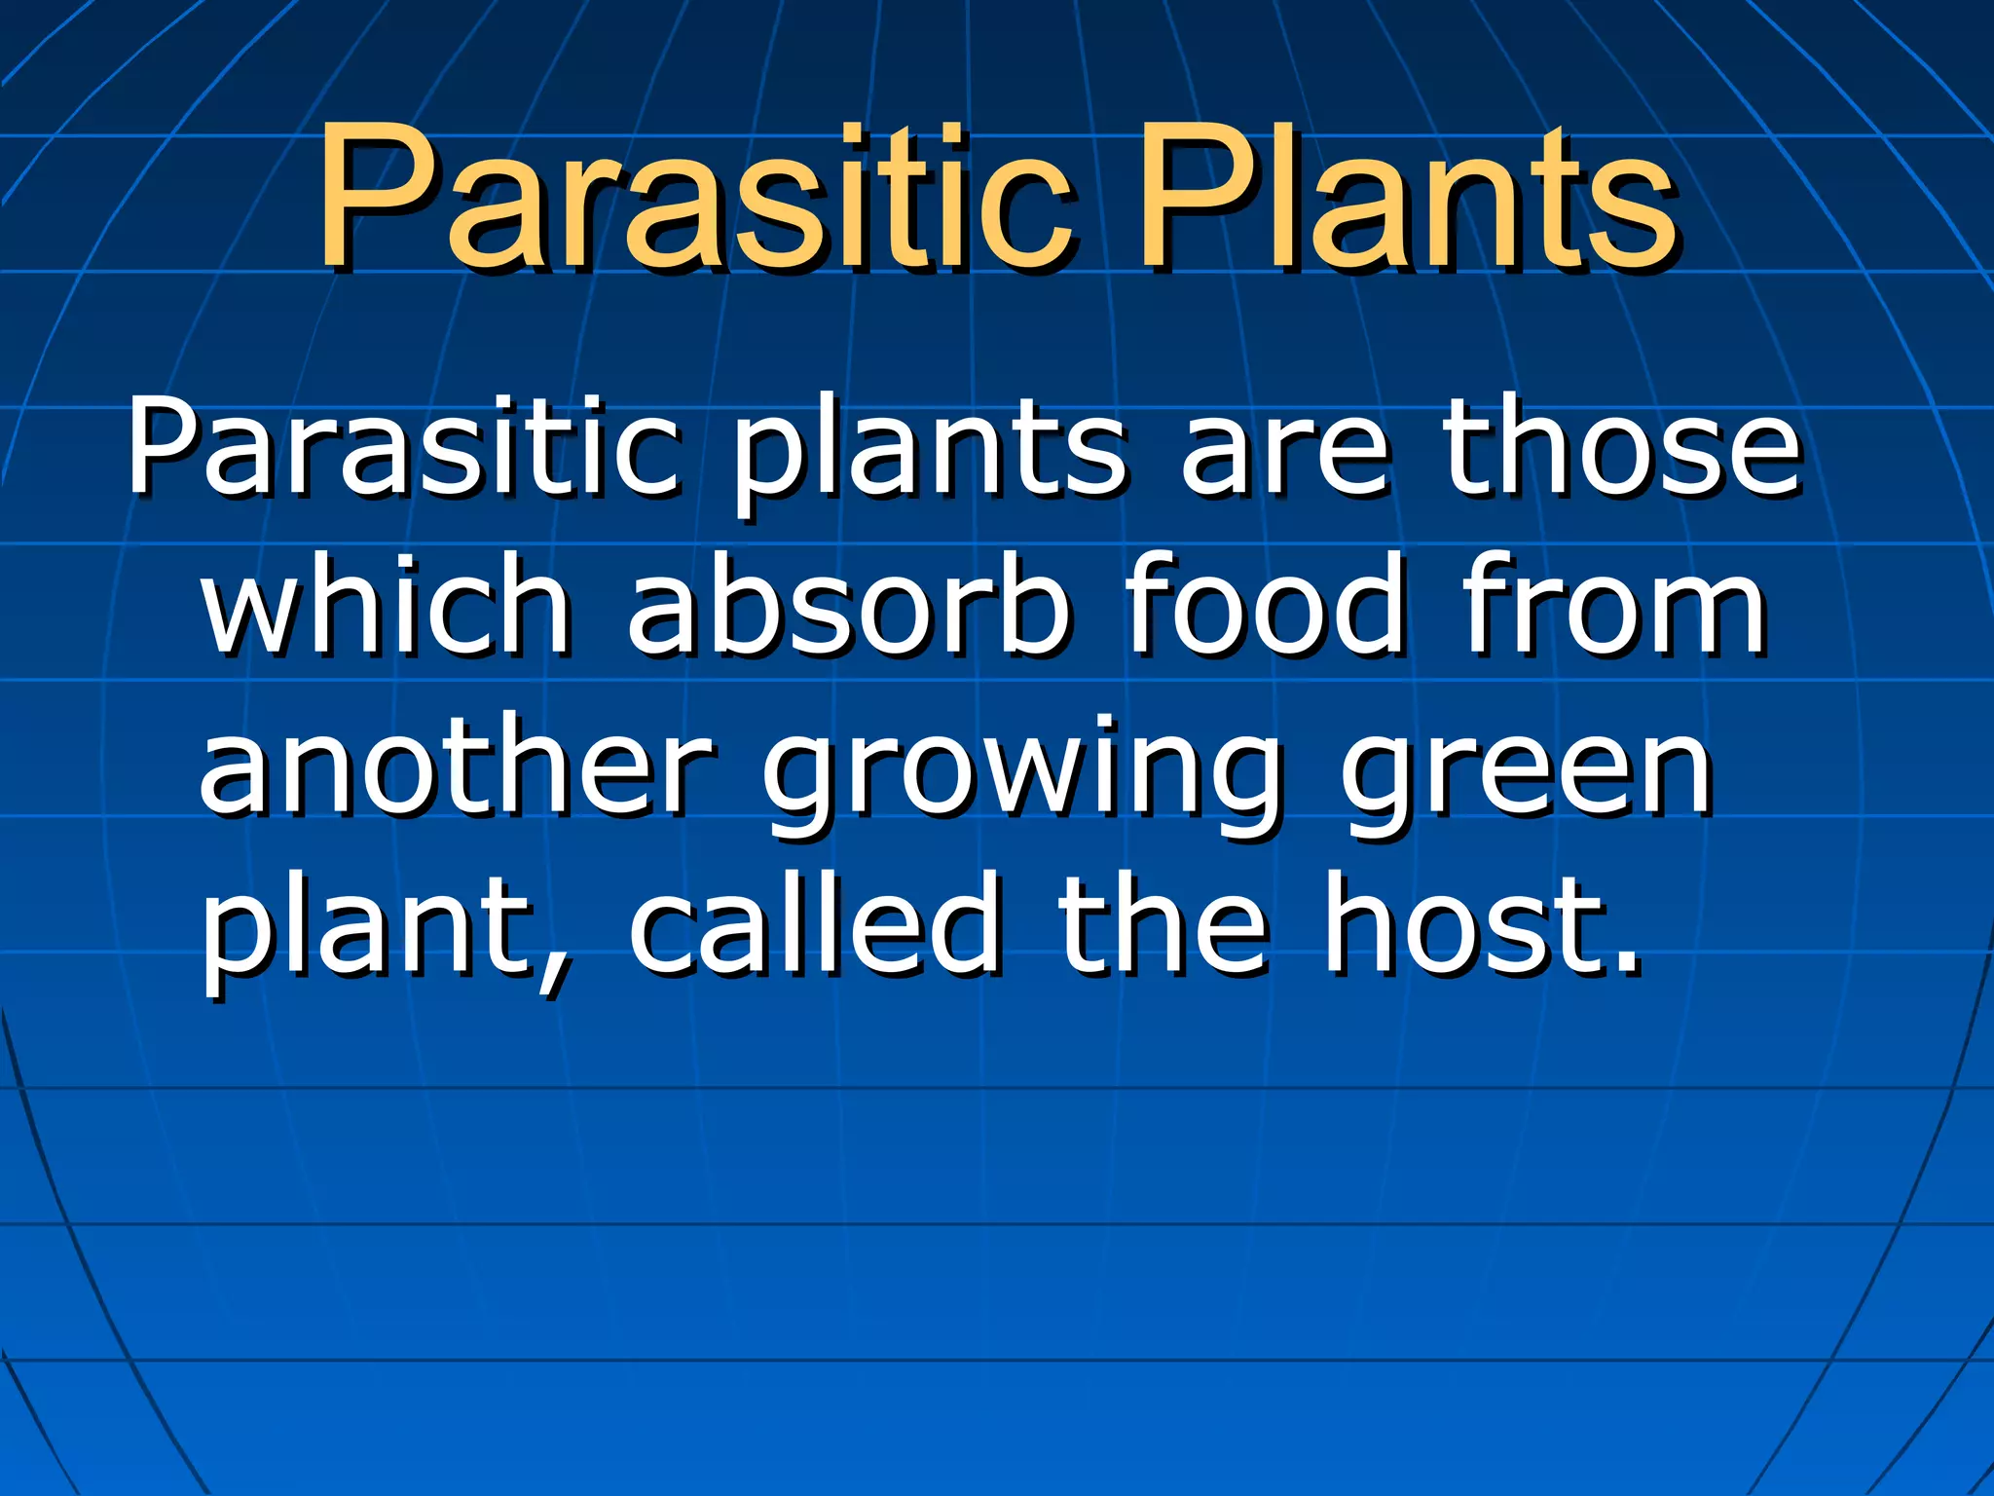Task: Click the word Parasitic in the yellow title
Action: pos(697,199)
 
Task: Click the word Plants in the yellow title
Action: pos(1406,199)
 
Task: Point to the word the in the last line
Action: pos(1163,925)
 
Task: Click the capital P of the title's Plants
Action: pos(1194,199)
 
